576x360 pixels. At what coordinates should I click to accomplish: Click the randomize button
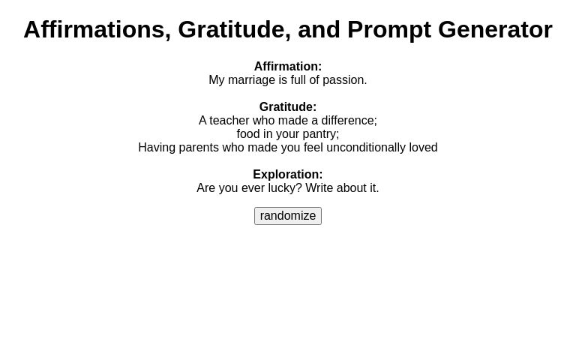[288, 216]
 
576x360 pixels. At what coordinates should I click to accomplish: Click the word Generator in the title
[495, 29]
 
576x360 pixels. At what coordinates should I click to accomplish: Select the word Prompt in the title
[388, 29]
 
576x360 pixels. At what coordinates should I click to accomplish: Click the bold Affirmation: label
[288, 67]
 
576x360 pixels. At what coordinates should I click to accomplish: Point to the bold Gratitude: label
[288, 107]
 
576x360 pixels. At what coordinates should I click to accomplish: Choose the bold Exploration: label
[288, 175]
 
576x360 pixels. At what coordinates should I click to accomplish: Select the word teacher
[229, 121]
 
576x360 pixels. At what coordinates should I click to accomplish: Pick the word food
[249, 134]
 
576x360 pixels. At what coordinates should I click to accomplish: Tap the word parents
[199, 148]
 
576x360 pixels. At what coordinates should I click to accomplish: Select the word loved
[423, 148]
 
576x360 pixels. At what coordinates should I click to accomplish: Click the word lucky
[285, 188]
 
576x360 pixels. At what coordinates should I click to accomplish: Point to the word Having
[157, 148]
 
